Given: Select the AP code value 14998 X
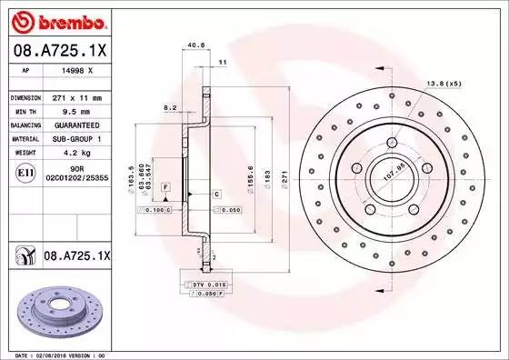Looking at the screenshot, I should point(75,69).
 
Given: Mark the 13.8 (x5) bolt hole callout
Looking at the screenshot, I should point(439,84).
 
